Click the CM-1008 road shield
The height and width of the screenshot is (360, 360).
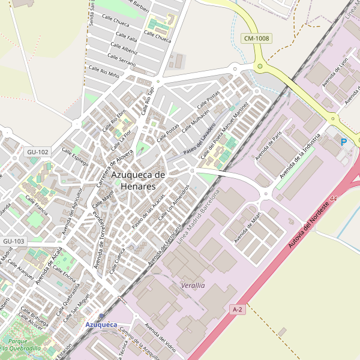click(x=257, y=38)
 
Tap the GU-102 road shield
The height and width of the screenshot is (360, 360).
click(x=37, y=152)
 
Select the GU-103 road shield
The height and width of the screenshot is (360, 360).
click(x=13, y=241)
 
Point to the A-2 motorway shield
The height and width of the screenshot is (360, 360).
click(x=238, y=309)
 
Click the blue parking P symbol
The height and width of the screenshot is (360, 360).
click(x=344, y=142)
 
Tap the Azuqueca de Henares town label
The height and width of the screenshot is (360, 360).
click(x=138, y=180)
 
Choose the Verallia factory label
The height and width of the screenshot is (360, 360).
click(x=193, y=286)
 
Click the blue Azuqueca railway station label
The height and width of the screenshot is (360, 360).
click(x=101, y=325)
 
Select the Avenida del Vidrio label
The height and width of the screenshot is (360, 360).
click(x=160, y=338)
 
